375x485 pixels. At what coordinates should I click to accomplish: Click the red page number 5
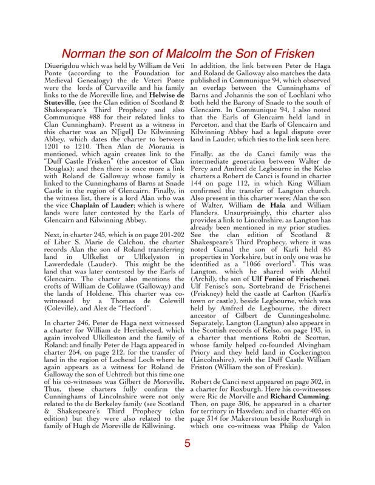tap(187, 443)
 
